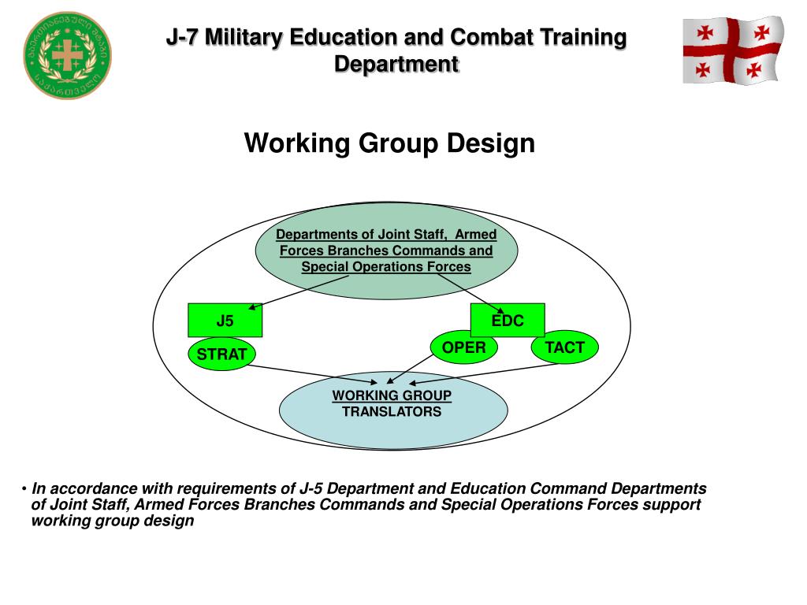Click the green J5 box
coord(225,321)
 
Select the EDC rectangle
coord(508,321)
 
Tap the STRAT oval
coord(221,355)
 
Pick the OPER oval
coord(463,347)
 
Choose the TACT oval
coord(565,347)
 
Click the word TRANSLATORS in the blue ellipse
coord(392,411)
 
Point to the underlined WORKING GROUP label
coord(392,395)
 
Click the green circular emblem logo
coord(67,55)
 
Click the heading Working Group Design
coord(389,143)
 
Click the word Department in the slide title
coord(396,63)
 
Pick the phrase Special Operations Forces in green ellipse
coord(386,266)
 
